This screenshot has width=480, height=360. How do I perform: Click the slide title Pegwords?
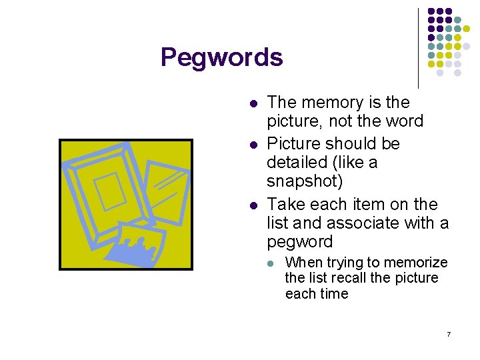tap(221, 58)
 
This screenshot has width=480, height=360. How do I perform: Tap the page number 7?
tap(449, 333)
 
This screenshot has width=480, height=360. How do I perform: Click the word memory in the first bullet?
tap(328, 103)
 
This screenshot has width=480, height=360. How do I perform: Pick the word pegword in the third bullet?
tap(299, 241)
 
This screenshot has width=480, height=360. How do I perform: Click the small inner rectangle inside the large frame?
tap(110, 189)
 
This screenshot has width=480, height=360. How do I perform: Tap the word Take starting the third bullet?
tap(285, 205)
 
